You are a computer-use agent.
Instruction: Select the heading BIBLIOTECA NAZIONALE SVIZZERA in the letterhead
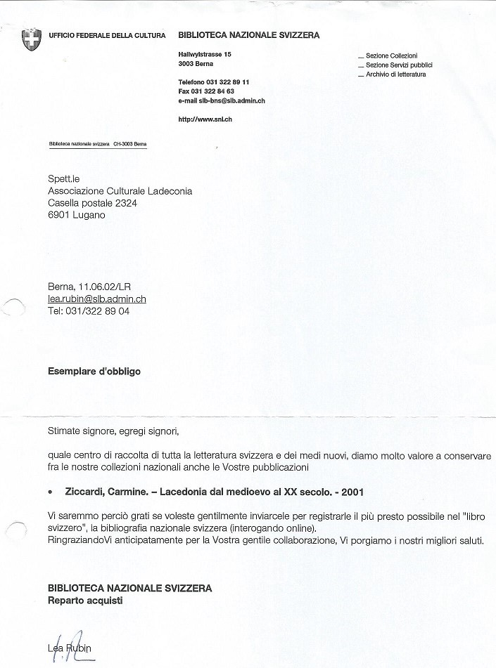249,35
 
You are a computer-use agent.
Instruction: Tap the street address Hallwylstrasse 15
205,54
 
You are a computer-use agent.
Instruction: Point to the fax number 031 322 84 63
206,91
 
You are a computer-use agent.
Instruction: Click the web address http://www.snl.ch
205,119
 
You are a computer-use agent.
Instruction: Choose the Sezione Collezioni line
391,55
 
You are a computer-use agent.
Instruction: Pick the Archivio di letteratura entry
395,74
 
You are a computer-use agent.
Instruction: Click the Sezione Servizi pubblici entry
398,65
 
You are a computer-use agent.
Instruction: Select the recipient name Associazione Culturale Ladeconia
120,191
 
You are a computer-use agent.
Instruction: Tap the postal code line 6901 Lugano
77,215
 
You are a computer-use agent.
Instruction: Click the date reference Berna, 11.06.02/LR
89,287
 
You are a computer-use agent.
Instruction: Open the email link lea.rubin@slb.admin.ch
97,299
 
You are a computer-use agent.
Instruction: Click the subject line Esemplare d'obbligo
94,372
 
